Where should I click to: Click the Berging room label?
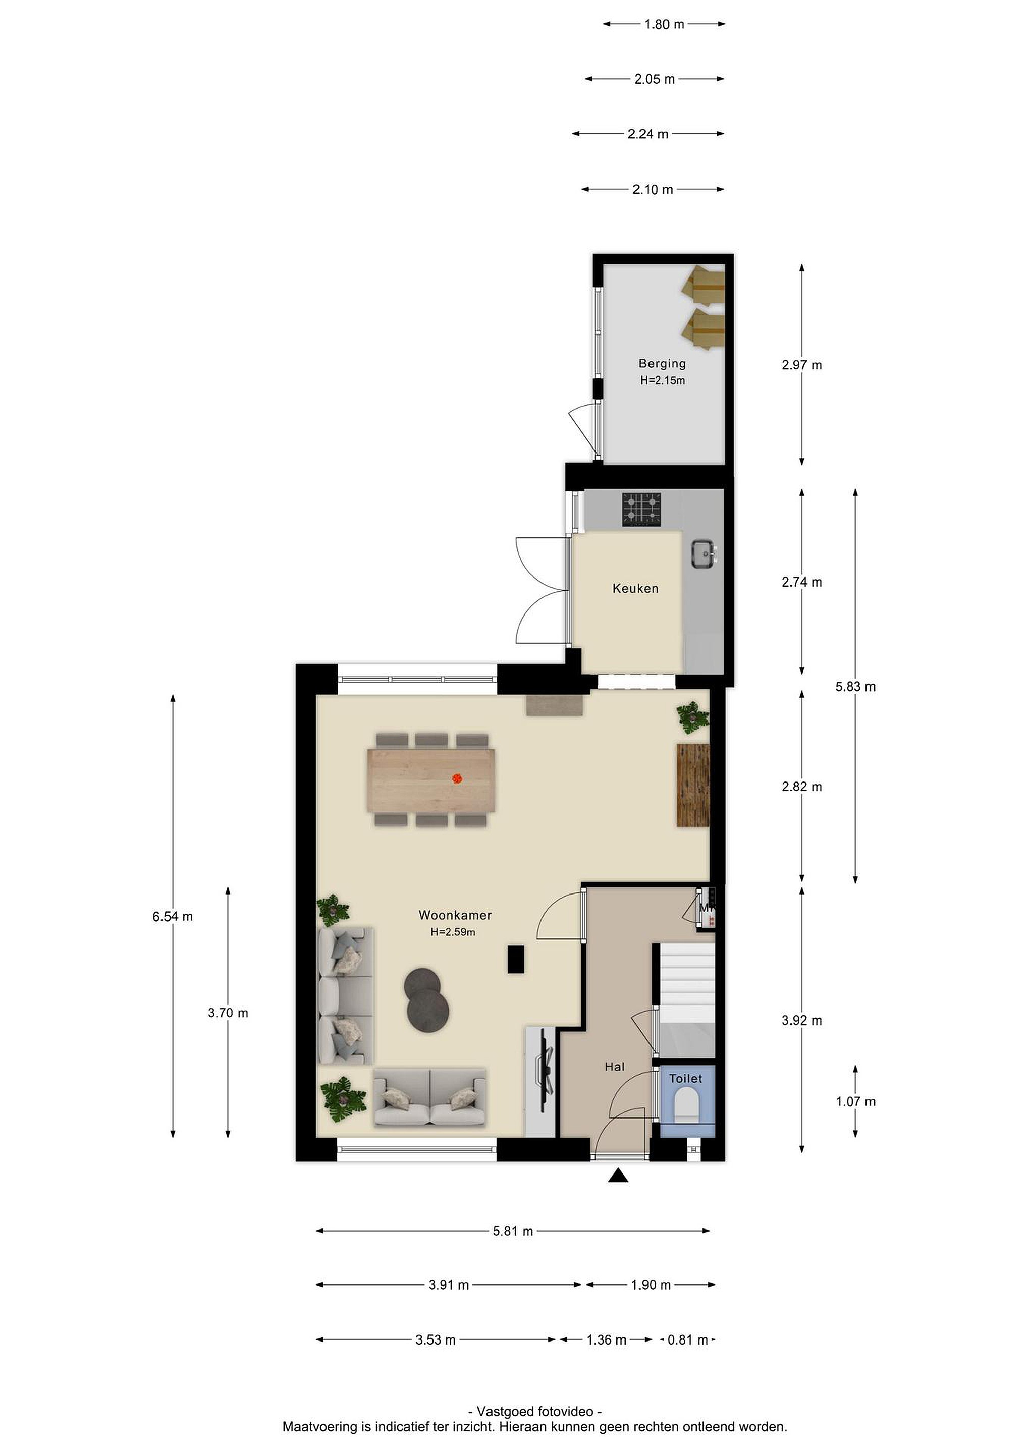click(662, 364)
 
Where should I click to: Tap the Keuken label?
click(635, 589)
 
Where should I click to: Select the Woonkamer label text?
click(455, 915)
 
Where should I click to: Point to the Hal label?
click(614, 1067)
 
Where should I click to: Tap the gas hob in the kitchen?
click(642, 510)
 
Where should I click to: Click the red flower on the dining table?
click(456, 778)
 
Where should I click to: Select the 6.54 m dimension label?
click(172, 916)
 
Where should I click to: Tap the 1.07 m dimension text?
click(855, 1102)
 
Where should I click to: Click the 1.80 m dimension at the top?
click(664, 25)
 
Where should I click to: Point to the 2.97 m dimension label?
click(801, 365)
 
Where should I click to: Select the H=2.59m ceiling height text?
click(453, 932)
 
